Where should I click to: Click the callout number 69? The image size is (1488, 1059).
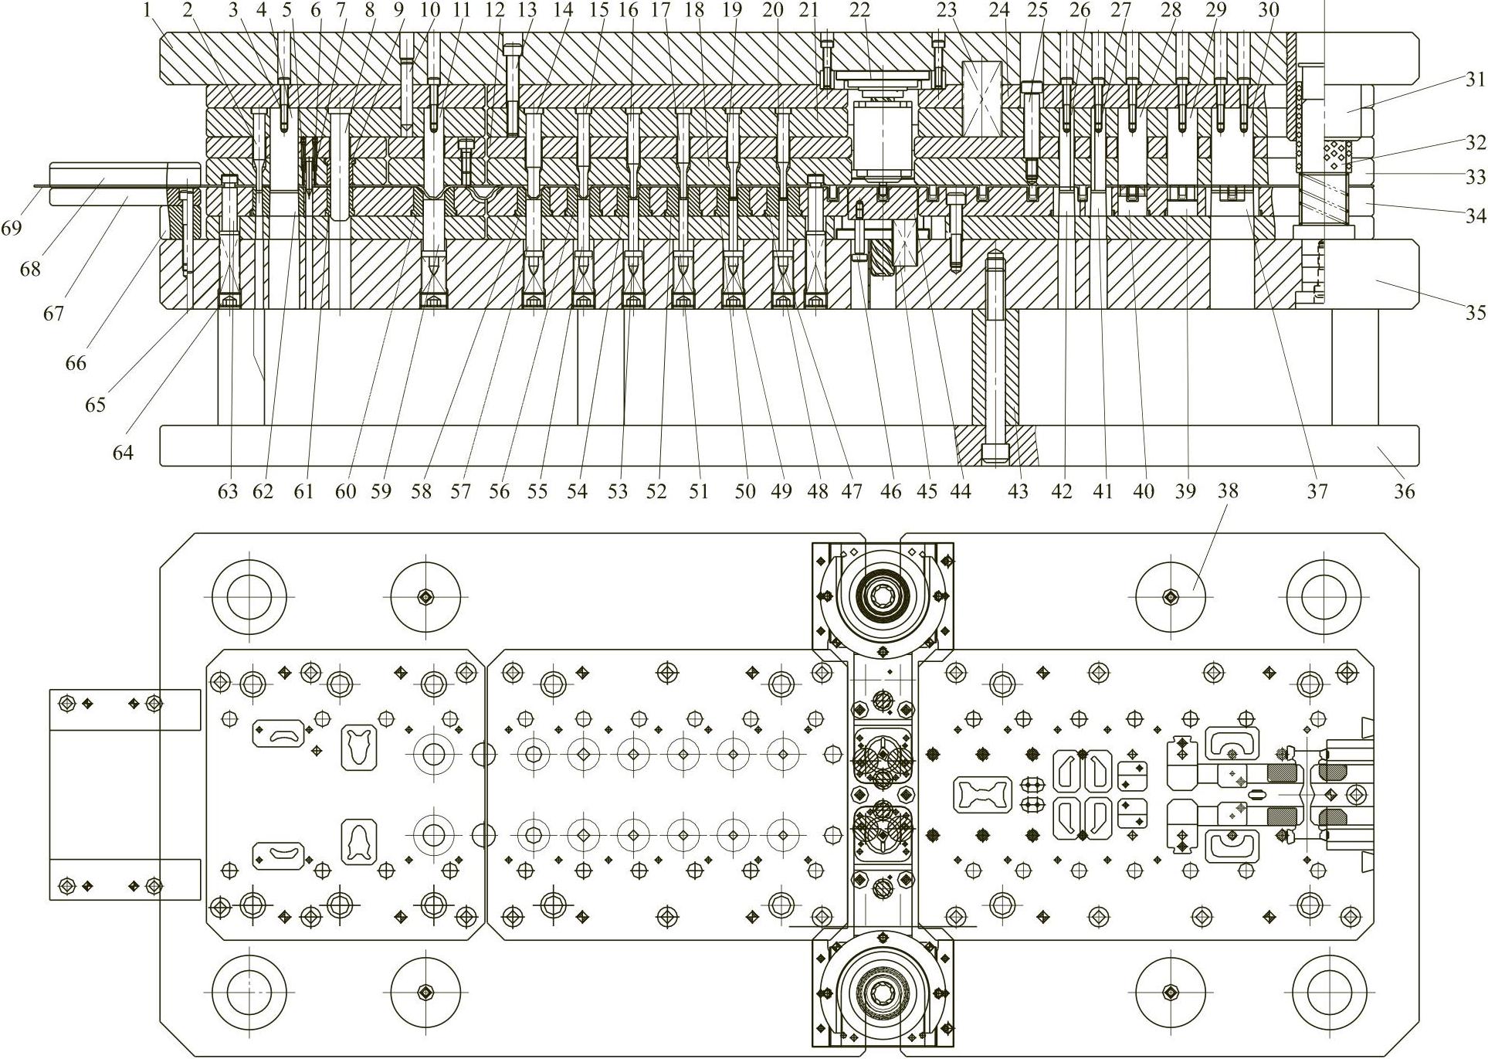pyautogui.click(x=12, y=229)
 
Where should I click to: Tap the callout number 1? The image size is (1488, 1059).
pyautogui.click(x=147, y=10)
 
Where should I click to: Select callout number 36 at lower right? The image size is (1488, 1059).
pyautogui.click(x=1404, y=491)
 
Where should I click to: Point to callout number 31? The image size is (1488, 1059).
pyautogui.click(x=1476, y=79)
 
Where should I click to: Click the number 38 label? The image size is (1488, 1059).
pyautogui.click(x=1228, y=491)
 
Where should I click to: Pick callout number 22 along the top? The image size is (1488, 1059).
pyautogui.click(x=859, y=10)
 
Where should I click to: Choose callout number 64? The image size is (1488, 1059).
pyautogui.click(x=123, y=453)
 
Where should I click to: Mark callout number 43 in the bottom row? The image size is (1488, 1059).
pyautogui.click(x=1019, y=491)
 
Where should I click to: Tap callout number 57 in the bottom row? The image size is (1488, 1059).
pyautogui.click(x=461, y=491)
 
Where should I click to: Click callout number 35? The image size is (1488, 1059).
pyautogui.click(x=1476, y=313)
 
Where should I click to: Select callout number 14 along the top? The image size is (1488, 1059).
pyautogui.click(x=564, y=10)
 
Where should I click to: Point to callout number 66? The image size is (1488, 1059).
pyautogui.click(x=76, y=362)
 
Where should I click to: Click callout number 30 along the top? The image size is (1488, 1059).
pyautogui.click(x=1269, y=10)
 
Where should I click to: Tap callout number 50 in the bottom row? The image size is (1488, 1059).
pyautogui.click(x=744, y=491)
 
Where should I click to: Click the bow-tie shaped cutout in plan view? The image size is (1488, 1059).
pyautogui.click(x=983, y=794)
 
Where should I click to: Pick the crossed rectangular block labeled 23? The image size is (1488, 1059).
pyautogui.click(x=982, y=100)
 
